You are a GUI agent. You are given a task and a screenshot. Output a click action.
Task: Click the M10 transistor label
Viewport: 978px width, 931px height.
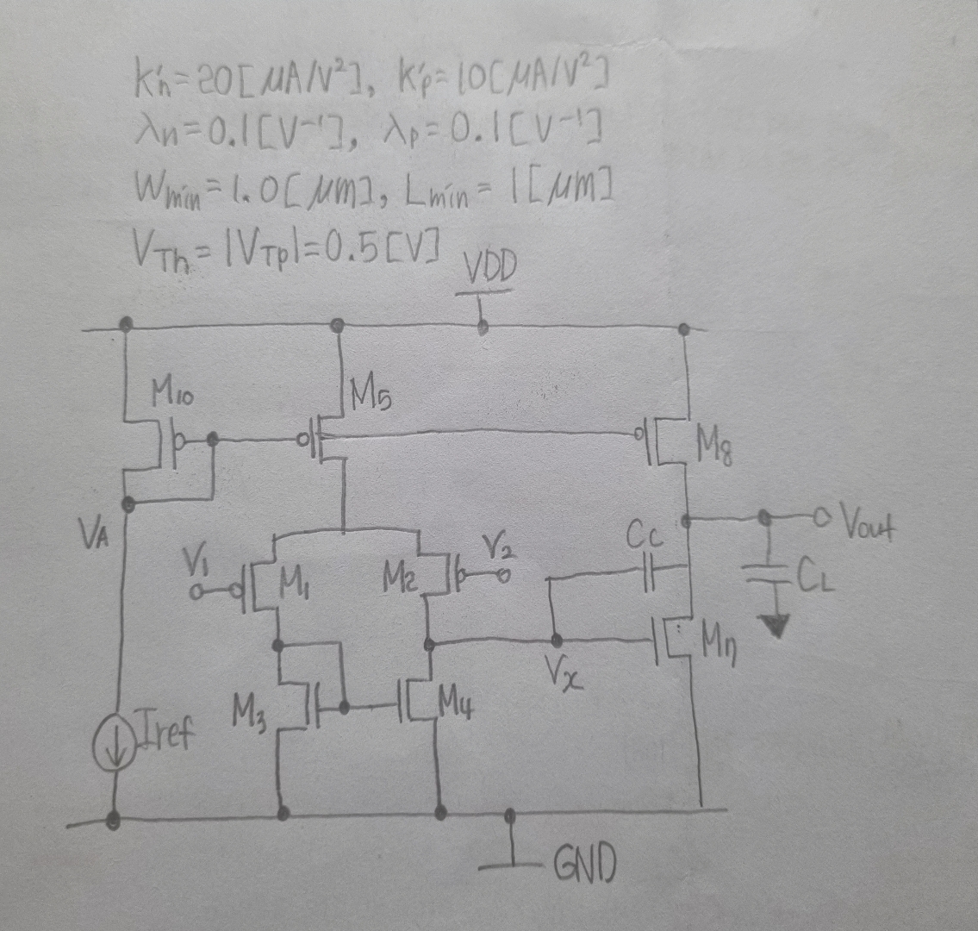pyautogui.click(x=172, y=397)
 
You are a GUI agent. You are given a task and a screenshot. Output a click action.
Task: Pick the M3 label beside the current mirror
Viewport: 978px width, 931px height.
pyautogui.click(x=248, y=713)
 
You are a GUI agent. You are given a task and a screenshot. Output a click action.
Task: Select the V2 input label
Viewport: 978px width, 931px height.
pyautogui.click(x=493, y=546)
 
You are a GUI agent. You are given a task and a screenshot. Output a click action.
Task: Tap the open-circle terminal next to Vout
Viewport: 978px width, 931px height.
pyautogui.click(x=819, y=517)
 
